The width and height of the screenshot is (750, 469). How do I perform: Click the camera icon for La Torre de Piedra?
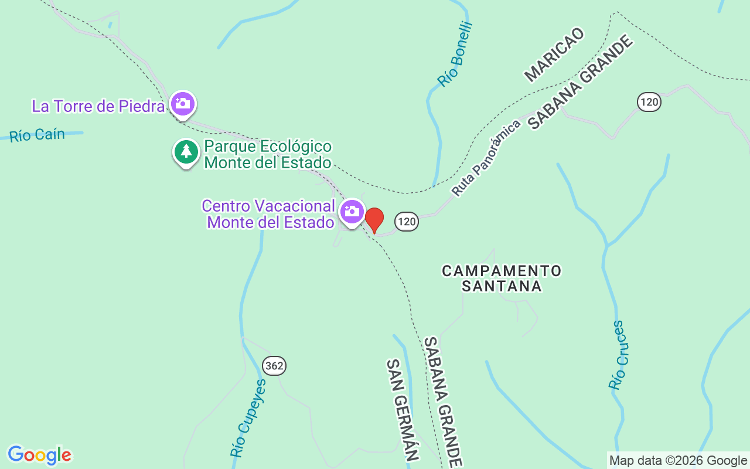(183, 104)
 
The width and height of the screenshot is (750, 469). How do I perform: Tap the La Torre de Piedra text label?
(98, 107)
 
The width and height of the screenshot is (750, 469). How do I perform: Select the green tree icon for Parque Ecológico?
(186, 152)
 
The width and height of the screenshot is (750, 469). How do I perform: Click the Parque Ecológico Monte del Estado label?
(268, 154)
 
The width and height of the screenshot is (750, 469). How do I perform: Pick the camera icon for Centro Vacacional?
(352, 212)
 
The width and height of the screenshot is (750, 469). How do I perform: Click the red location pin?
(374, 220)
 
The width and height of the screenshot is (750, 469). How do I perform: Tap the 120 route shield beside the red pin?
(407, 222)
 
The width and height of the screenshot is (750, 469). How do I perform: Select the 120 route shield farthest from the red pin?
(649, 102)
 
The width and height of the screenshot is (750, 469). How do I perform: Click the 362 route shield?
(274, 366)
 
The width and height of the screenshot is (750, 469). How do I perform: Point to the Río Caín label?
(37, 135)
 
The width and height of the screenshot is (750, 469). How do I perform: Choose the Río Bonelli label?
(455, 55)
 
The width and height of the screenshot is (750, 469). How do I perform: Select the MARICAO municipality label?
(554, 55)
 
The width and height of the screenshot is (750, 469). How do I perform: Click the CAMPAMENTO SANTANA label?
(502, 278)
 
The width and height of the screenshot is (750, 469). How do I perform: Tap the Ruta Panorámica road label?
(486, 158)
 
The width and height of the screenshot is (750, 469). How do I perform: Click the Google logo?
(39, 455)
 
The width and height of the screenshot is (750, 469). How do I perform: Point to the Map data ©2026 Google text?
(678, 461)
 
